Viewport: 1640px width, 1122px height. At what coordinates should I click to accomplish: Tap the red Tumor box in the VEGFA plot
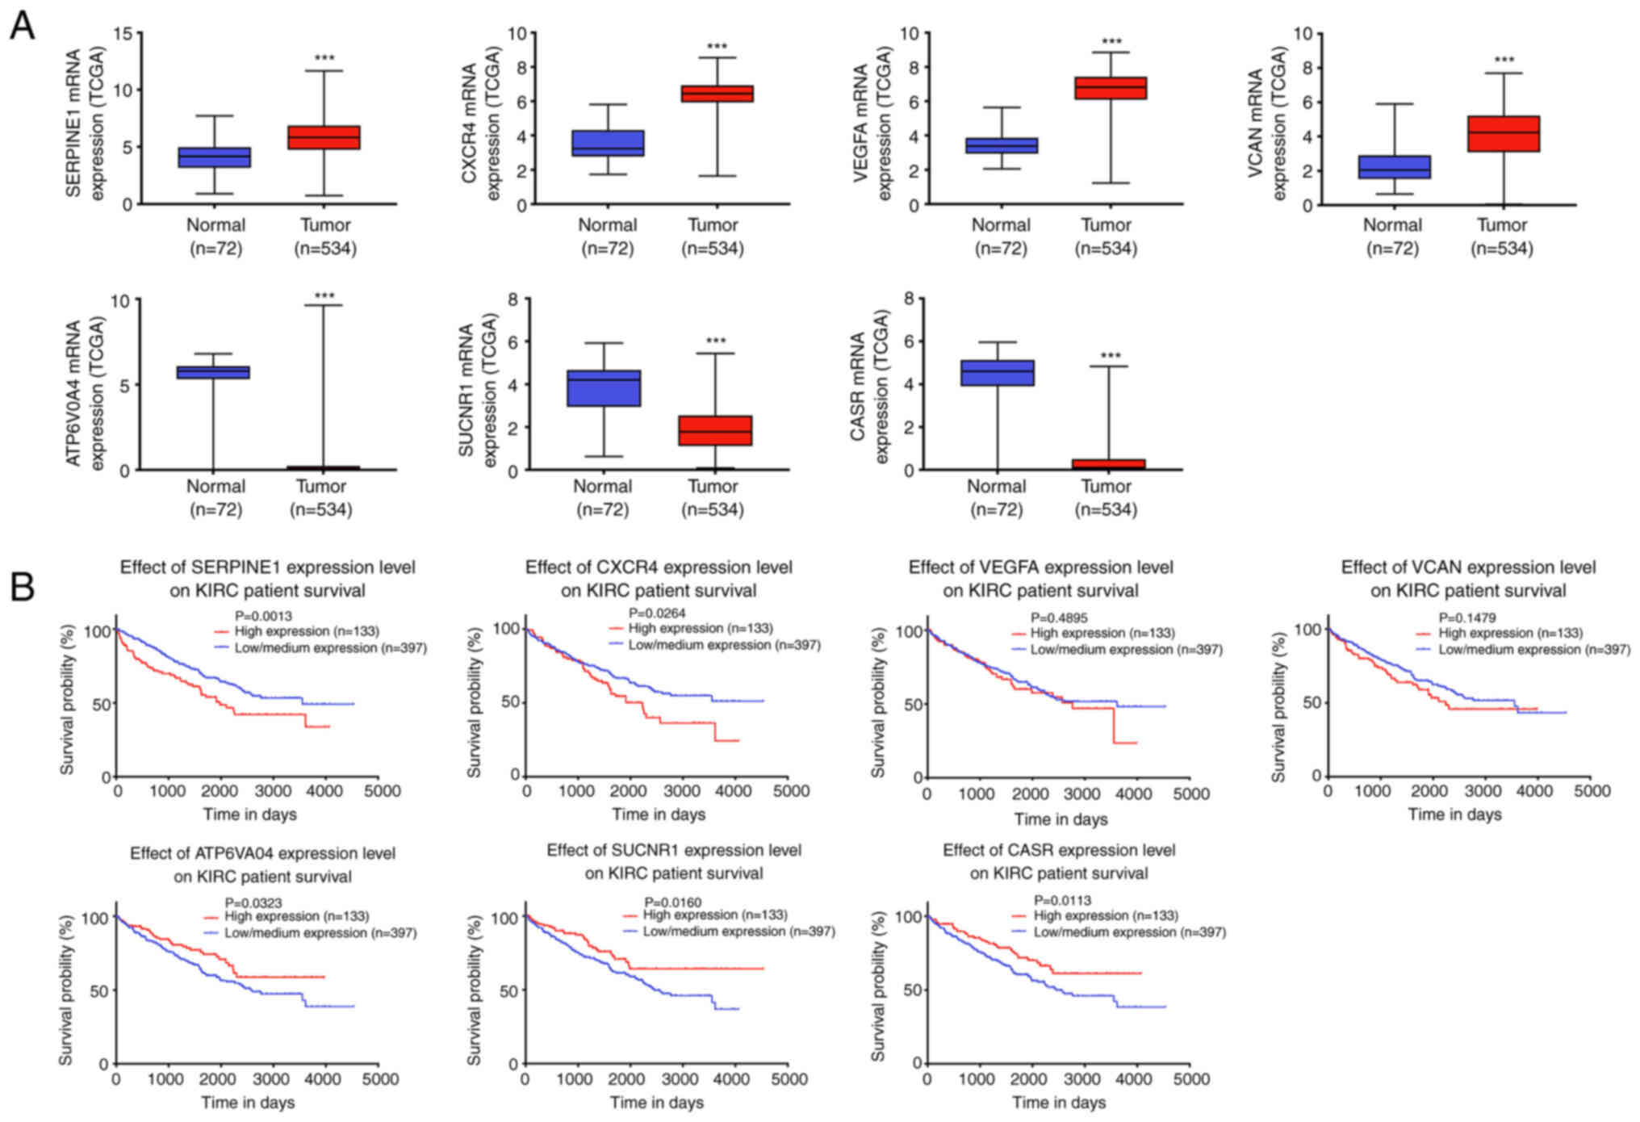1111,88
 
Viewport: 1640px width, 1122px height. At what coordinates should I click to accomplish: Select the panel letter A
22,26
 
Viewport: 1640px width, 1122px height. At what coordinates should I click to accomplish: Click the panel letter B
22,587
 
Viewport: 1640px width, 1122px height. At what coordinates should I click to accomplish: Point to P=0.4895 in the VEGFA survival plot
1059,618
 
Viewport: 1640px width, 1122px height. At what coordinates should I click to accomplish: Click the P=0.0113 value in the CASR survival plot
1063,900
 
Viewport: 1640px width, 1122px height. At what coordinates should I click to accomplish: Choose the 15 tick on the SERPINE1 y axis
123,34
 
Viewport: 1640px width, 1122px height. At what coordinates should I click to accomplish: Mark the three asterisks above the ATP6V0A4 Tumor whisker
324,296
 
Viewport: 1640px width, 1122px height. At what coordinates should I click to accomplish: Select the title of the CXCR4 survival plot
659,579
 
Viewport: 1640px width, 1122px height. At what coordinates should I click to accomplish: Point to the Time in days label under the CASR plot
1059,1102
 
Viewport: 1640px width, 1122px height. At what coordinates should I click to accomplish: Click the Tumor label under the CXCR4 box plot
713,225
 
